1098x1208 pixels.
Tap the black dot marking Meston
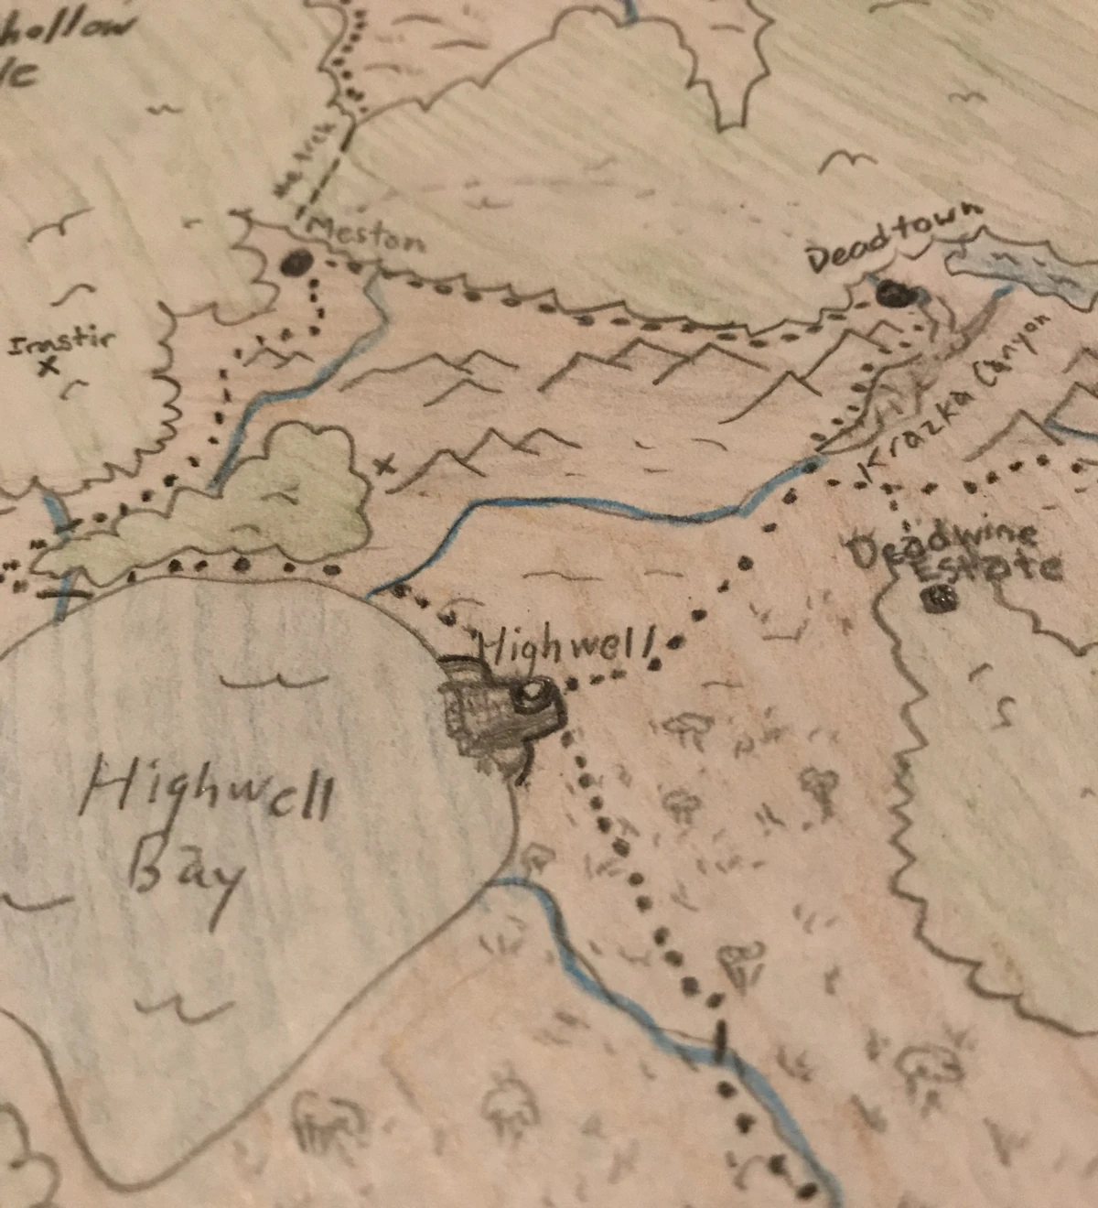point(296,264)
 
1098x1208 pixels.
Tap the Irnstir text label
point(60,343)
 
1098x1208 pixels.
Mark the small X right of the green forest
point(385,465)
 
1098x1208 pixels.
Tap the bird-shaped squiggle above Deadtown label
point(846,162)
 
